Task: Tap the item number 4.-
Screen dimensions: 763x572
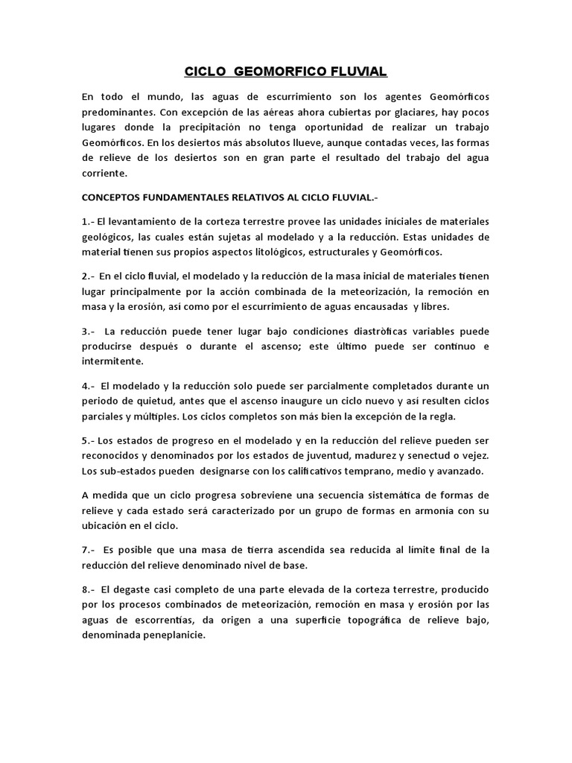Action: point(89,386)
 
